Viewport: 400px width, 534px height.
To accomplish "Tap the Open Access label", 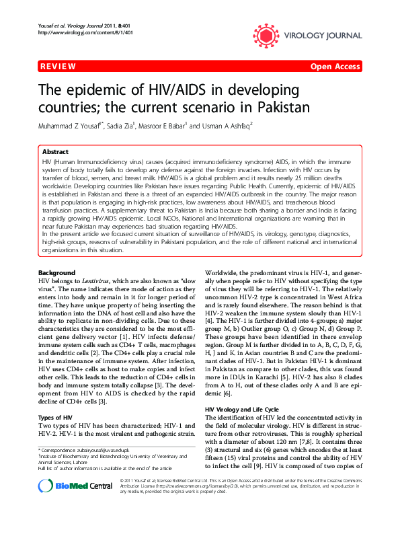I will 335,67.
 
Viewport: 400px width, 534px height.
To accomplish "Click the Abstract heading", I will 55,152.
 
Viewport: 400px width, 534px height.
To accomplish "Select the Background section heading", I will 57,272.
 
